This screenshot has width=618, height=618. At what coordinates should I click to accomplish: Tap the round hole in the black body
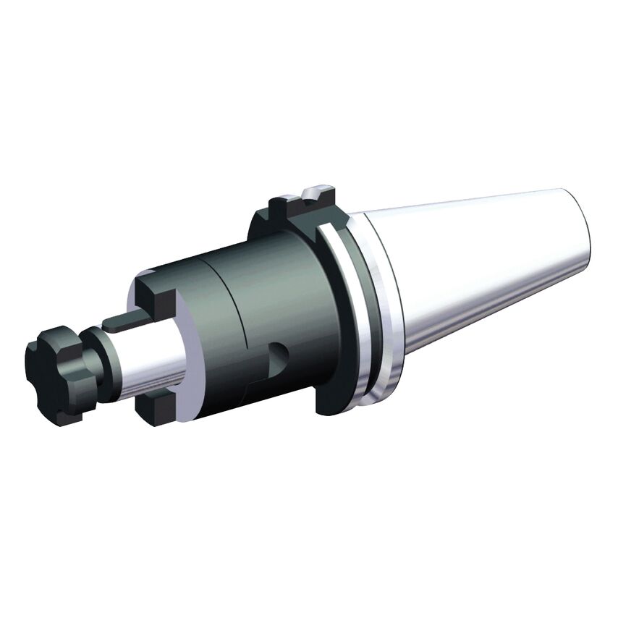[x=277, y=355]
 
